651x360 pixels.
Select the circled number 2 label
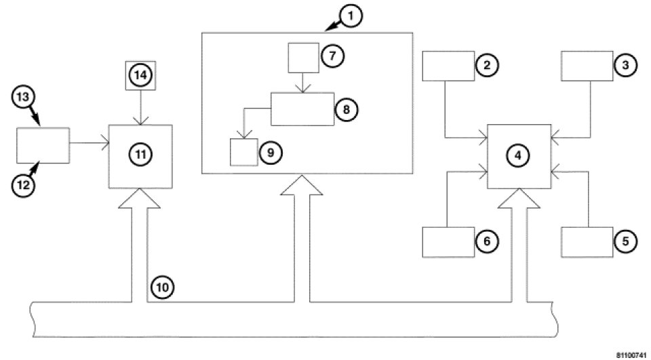(x=487, y=66)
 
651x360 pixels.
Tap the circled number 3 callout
(x=625, y=66)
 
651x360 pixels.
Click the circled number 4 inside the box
(x=518, y=155)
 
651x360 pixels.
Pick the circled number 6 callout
(x=487, y=241)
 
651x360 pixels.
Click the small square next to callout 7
(x=303, y=58)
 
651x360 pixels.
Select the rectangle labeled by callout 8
(x=302, y=108)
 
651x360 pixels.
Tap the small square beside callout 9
(x=243, y=152)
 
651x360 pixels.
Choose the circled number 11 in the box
(x=140, y=155)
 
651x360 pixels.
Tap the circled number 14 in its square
(x=140, y=76)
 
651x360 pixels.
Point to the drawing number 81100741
(x=631, y=354)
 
